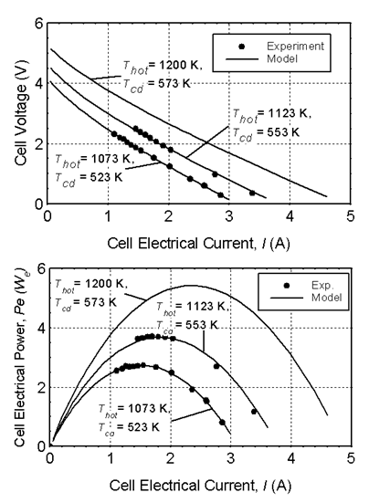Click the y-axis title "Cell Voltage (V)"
tap(21, 125)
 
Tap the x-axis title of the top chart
tap(198, 243)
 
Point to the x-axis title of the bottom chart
tap(200, 485)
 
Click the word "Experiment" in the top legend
tap(295, 47)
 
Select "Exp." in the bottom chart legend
tap(322, 285)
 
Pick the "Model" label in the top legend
tap(282, 59)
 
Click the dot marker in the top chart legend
tap(242, 47)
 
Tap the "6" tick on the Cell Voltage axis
tap(39, 24)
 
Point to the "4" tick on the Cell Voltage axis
tap(39, 83)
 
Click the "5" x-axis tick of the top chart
tap(351, 216)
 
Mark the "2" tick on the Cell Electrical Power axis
tap(41, 388)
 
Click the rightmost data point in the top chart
tap(252, 194)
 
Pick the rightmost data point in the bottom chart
tap(254, 412)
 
